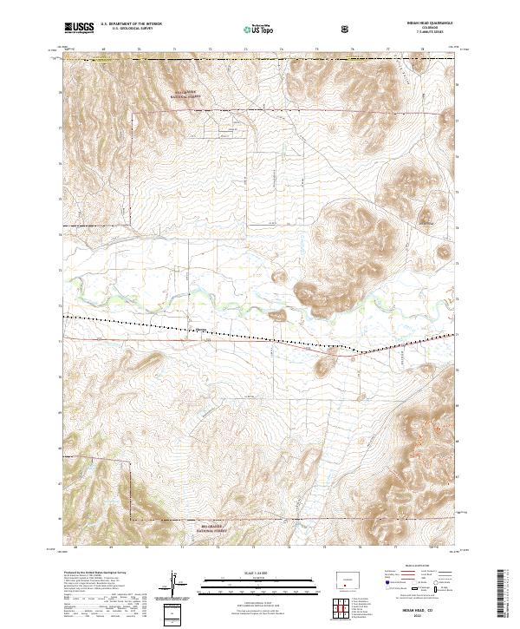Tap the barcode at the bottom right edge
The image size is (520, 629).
pos(505,599)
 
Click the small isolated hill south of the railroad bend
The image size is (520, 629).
pos(322,369)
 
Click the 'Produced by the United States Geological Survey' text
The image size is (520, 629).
pos(95,573)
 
